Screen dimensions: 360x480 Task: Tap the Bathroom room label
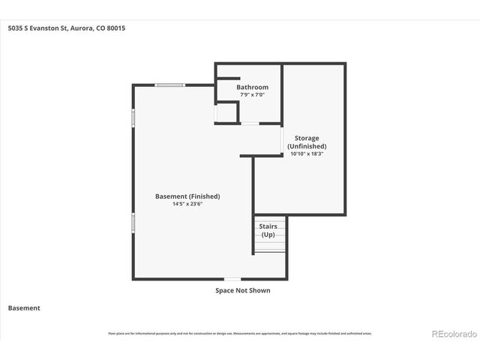(252, 88)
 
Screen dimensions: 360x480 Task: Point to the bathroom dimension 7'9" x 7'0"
(252, 95)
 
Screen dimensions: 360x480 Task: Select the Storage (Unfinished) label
(307, 142)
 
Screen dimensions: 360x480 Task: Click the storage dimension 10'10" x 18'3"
(307, 154)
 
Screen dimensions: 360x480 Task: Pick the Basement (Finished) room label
(187, 196)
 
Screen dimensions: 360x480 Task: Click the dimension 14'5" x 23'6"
(187, 204)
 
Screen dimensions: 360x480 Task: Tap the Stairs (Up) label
(268, 230)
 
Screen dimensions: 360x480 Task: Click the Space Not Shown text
(242, 290)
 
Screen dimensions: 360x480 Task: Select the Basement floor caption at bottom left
(24, 307)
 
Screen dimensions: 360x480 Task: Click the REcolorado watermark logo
(453, 334)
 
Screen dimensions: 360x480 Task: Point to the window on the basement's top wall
(170, 85)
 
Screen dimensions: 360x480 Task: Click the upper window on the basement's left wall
(133, 118)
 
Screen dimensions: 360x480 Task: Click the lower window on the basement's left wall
(133, 223)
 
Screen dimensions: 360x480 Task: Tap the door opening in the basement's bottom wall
(233, 280)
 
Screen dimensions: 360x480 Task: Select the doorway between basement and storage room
(282, 139)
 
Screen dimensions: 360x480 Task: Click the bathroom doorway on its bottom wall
(250, 123)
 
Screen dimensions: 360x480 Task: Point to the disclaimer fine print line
(240, 334)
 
